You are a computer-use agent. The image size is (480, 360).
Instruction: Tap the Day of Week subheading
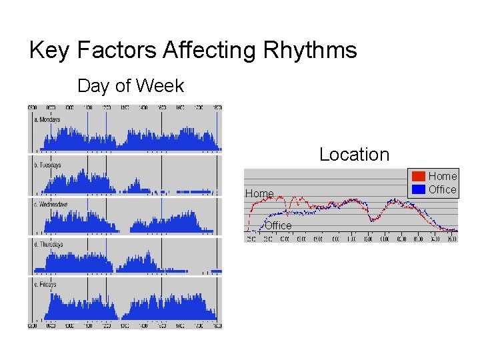point(131,86)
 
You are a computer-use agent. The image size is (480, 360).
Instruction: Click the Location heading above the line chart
point(354,154)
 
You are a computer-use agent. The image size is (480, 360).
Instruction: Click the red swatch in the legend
point(418,177)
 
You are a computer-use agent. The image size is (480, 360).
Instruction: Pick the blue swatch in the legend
point(418,189)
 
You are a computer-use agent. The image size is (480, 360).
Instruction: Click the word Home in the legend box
point(443,176)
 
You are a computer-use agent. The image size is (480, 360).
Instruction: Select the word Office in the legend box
point(443,189)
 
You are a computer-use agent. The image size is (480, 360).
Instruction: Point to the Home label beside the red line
point(259,193)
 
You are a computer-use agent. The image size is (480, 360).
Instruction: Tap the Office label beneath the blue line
point(278,225)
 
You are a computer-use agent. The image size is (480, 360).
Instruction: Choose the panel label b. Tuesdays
point(47,165)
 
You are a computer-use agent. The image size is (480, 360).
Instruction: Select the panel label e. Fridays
point(46,285)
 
